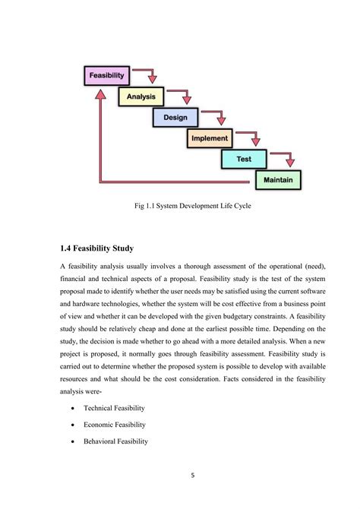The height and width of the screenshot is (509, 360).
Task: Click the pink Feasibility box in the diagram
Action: tap(107, 76)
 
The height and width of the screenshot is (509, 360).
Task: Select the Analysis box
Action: tap(141, 96)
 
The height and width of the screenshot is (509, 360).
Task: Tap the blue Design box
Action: tap(175, 118)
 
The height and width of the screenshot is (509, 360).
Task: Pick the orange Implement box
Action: tap(210, 138)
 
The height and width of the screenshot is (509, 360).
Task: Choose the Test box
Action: tap(244, 159)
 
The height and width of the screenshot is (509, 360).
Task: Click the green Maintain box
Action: tap(278, 180)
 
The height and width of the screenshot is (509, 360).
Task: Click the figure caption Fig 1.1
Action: tap(180, 205)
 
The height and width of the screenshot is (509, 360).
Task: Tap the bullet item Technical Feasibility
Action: tap(125, 408)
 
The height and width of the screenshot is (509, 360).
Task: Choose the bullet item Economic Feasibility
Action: tap(125, 425)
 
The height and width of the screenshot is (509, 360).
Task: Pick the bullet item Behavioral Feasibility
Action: tap(127, 441)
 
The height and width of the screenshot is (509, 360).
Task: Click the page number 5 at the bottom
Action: tap(193, 476)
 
